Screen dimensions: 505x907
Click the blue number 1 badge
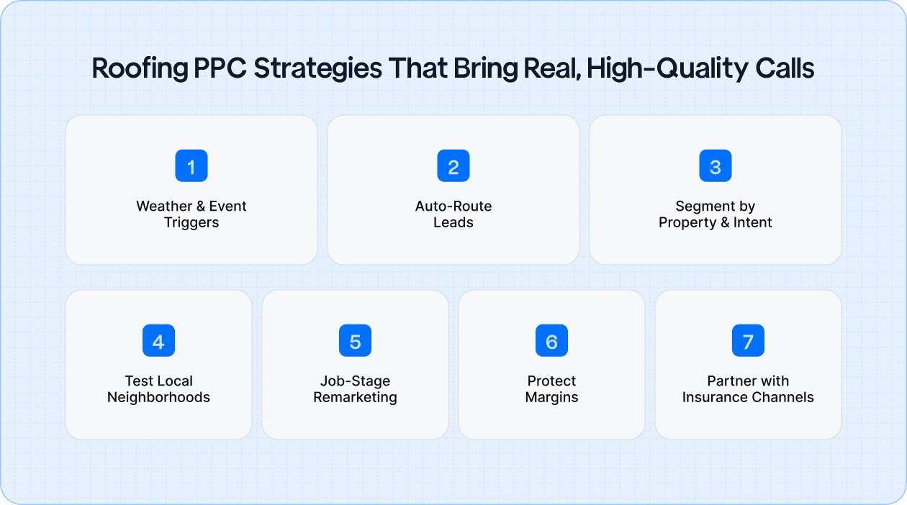191,166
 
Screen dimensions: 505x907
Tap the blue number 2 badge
453,166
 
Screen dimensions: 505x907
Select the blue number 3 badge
716,166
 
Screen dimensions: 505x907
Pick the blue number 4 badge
158,341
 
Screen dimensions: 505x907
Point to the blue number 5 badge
355,341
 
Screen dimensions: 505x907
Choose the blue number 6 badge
551,341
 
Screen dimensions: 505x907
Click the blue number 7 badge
748,341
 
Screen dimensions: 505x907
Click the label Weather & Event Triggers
191,214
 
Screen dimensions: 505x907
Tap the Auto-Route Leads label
453,214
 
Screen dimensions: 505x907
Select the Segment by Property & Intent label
716,214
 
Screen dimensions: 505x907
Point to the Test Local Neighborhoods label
158,389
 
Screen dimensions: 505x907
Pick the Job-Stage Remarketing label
355,389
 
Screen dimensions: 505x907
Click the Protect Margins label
551,389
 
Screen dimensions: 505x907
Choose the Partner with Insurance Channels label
748,389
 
